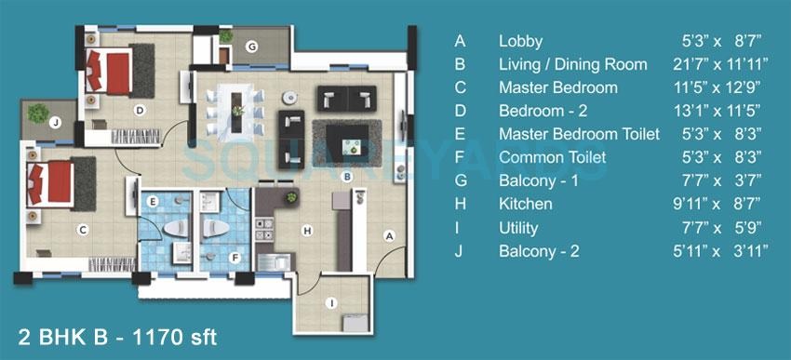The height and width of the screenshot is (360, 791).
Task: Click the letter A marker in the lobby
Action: click(x=390, y=236)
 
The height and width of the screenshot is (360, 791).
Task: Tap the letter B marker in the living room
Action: click(x=346, y=176)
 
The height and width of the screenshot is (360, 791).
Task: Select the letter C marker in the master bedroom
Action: click(x=83, y=230)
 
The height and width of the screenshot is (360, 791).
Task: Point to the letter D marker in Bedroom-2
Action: click(x=139, y=110)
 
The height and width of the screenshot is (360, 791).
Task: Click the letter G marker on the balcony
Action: click(x=251, y=47)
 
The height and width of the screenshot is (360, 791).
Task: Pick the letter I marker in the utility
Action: click(x=330, y=301)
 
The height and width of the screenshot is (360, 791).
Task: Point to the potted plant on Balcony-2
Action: click(x=38, y=113)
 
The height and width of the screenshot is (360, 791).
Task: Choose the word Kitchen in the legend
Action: click(x=525, y=204)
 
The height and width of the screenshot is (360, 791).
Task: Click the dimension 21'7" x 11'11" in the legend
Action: click(x=721, y=64)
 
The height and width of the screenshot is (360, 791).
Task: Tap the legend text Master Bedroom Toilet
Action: click(x=579, y=134)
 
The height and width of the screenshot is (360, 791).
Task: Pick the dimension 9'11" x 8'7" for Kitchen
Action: click(x=721, y=204)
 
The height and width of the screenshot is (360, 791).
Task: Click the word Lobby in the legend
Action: click(x=520, y=41)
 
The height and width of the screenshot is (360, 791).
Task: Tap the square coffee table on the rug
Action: click(x=351, y=144)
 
